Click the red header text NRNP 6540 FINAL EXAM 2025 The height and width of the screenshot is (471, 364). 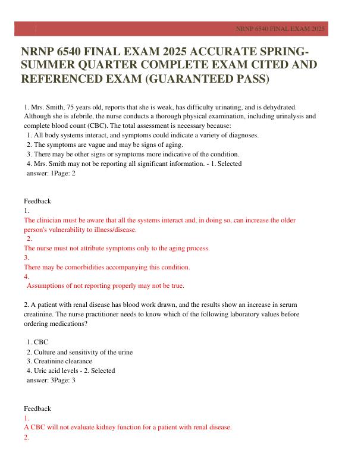coord(280,29)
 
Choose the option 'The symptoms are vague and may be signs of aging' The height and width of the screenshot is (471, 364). coord(108,145)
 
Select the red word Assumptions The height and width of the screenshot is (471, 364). coord(49,286)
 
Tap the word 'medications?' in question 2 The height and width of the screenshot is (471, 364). coord(70,324)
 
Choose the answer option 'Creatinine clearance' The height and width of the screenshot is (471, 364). coord(63,361)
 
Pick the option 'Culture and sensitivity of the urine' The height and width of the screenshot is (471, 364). coord(83,351)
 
